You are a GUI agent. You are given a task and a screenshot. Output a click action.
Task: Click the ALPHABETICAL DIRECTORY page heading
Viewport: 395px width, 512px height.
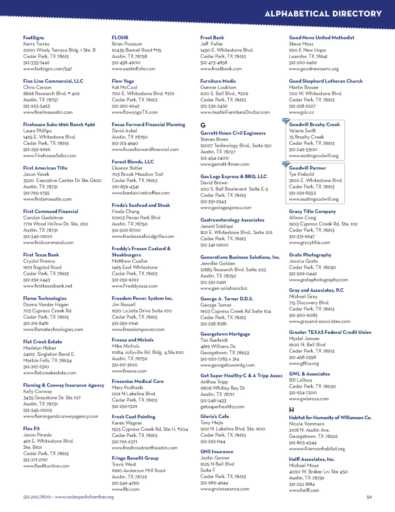click(323, 14)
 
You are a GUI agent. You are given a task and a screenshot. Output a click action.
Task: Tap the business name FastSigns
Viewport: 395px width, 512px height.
click(34, 37)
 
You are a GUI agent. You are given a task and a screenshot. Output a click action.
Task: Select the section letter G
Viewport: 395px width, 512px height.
click(203, 125)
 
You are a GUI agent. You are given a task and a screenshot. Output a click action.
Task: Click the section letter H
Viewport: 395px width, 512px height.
click(292, 410)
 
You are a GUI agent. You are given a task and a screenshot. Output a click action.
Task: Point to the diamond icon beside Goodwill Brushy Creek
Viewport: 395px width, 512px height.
click(285, 121)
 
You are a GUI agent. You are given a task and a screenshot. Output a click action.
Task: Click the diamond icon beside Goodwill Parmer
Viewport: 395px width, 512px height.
click(285, 165)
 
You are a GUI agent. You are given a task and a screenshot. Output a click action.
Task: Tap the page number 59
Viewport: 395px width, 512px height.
click(369, 497)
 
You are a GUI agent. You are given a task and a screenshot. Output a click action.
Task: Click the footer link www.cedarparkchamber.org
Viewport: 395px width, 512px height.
click(84, 497)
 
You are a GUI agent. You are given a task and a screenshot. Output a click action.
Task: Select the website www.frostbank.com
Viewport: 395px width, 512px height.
click(221, 69)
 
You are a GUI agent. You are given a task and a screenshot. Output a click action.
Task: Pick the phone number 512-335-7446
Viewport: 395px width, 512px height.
click(36, 63)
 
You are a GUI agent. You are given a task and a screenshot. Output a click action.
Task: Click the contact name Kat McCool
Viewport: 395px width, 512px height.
click(124, 87)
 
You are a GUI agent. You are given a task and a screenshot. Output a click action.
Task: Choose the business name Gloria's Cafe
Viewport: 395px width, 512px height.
click(214, 416)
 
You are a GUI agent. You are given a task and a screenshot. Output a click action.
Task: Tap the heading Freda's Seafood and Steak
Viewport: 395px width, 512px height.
click(141, 205)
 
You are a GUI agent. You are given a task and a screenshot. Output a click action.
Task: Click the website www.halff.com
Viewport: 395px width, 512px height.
click(304, 490)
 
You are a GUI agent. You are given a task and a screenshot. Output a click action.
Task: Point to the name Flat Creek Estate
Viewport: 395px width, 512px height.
click(42, 342)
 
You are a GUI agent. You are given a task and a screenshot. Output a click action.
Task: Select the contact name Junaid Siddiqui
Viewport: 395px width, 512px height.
click(217, 226)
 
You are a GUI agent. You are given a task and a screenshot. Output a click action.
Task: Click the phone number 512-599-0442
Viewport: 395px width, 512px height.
click(303, 274)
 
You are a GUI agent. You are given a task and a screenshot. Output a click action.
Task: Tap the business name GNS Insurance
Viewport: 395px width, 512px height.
click(217, 451)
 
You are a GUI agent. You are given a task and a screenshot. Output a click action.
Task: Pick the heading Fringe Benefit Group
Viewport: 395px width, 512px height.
click(135, 458)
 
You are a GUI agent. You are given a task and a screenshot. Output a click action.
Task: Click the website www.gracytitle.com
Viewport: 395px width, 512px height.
click(309, 243)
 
